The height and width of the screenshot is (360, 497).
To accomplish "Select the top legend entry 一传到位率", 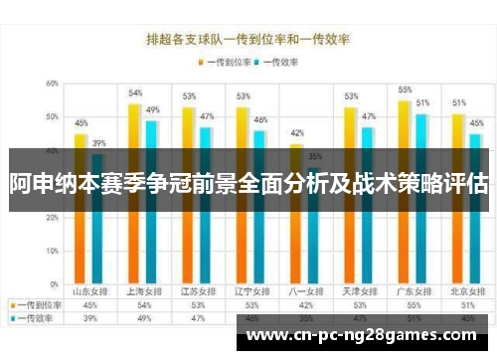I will [x=226, y=61].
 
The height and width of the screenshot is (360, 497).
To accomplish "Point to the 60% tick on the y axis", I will [x=53, y=84].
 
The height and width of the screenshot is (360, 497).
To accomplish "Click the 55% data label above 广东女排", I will [x=405, y=90].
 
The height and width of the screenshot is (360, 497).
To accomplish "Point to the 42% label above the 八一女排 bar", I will [x=296, y=133].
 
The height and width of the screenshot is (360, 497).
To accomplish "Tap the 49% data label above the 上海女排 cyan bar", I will [x=153, y=109].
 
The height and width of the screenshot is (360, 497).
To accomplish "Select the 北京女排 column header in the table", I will [x=459, y=292].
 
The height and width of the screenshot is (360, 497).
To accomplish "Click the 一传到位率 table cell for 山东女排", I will [x=89, y=304].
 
